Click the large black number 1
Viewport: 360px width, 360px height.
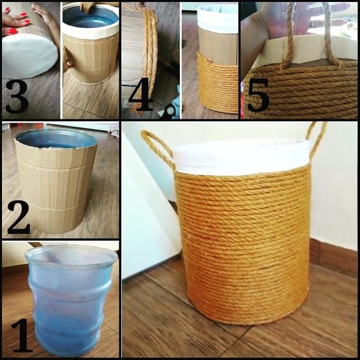(x=22, y=336)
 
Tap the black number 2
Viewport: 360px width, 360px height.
(x=19, y=217)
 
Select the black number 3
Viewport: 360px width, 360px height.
(x=17, y=96)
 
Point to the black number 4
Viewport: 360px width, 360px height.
(x=140, y=94)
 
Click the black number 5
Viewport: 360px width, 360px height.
(x=258, y=95)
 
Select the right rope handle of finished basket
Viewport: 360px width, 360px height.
(x=317, y=140)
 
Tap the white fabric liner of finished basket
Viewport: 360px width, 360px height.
(x=241, y=156)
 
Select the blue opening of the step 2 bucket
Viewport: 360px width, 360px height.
(x=55, y=139)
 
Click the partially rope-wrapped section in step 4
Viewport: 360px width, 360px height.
(x=218, y=82)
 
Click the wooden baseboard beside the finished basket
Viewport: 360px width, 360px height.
(x=334, y=257)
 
